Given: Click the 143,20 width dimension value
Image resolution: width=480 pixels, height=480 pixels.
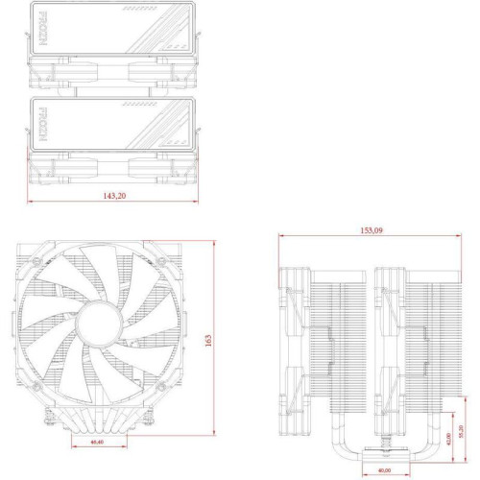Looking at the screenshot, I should point(113,195).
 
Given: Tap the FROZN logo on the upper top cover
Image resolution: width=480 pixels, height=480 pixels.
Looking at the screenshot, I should point(44,28).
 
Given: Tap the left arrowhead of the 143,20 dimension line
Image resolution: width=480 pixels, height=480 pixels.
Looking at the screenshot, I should point(32,203).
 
